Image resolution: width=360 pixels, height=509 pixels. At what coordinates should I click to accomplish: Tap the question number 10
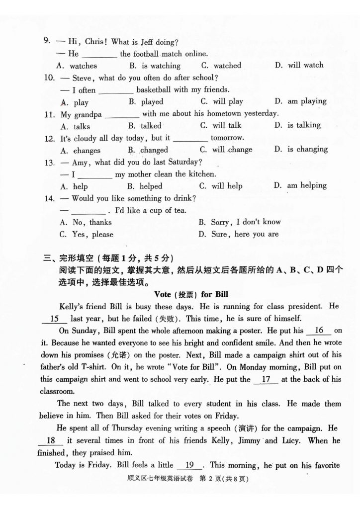click(x=49, y=78)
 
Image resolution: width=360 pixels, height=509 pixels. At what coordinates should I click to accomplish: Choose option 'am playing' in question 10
click(x=306, y=101)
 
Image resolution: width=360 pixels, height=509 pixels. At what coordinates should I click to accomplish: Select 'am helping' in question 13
click(x=306, y=185)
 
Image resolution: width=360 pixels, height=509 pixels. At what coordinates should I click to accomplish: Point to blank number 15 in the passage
click(x=55, y=319)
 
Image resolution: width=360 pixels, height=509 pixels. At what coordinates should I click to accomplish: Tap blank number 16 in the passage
click(x=319, y=331)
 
